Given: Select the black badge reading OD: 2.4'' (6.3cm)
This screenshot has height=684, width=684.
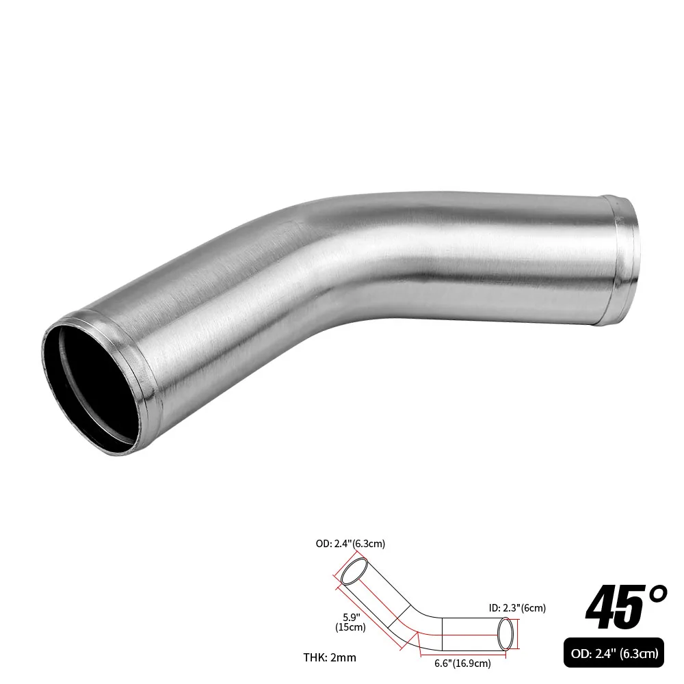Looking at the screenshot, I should (611, 654).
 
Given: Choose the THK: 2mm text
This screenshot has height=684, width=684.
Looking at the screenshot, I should (330, 658).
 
